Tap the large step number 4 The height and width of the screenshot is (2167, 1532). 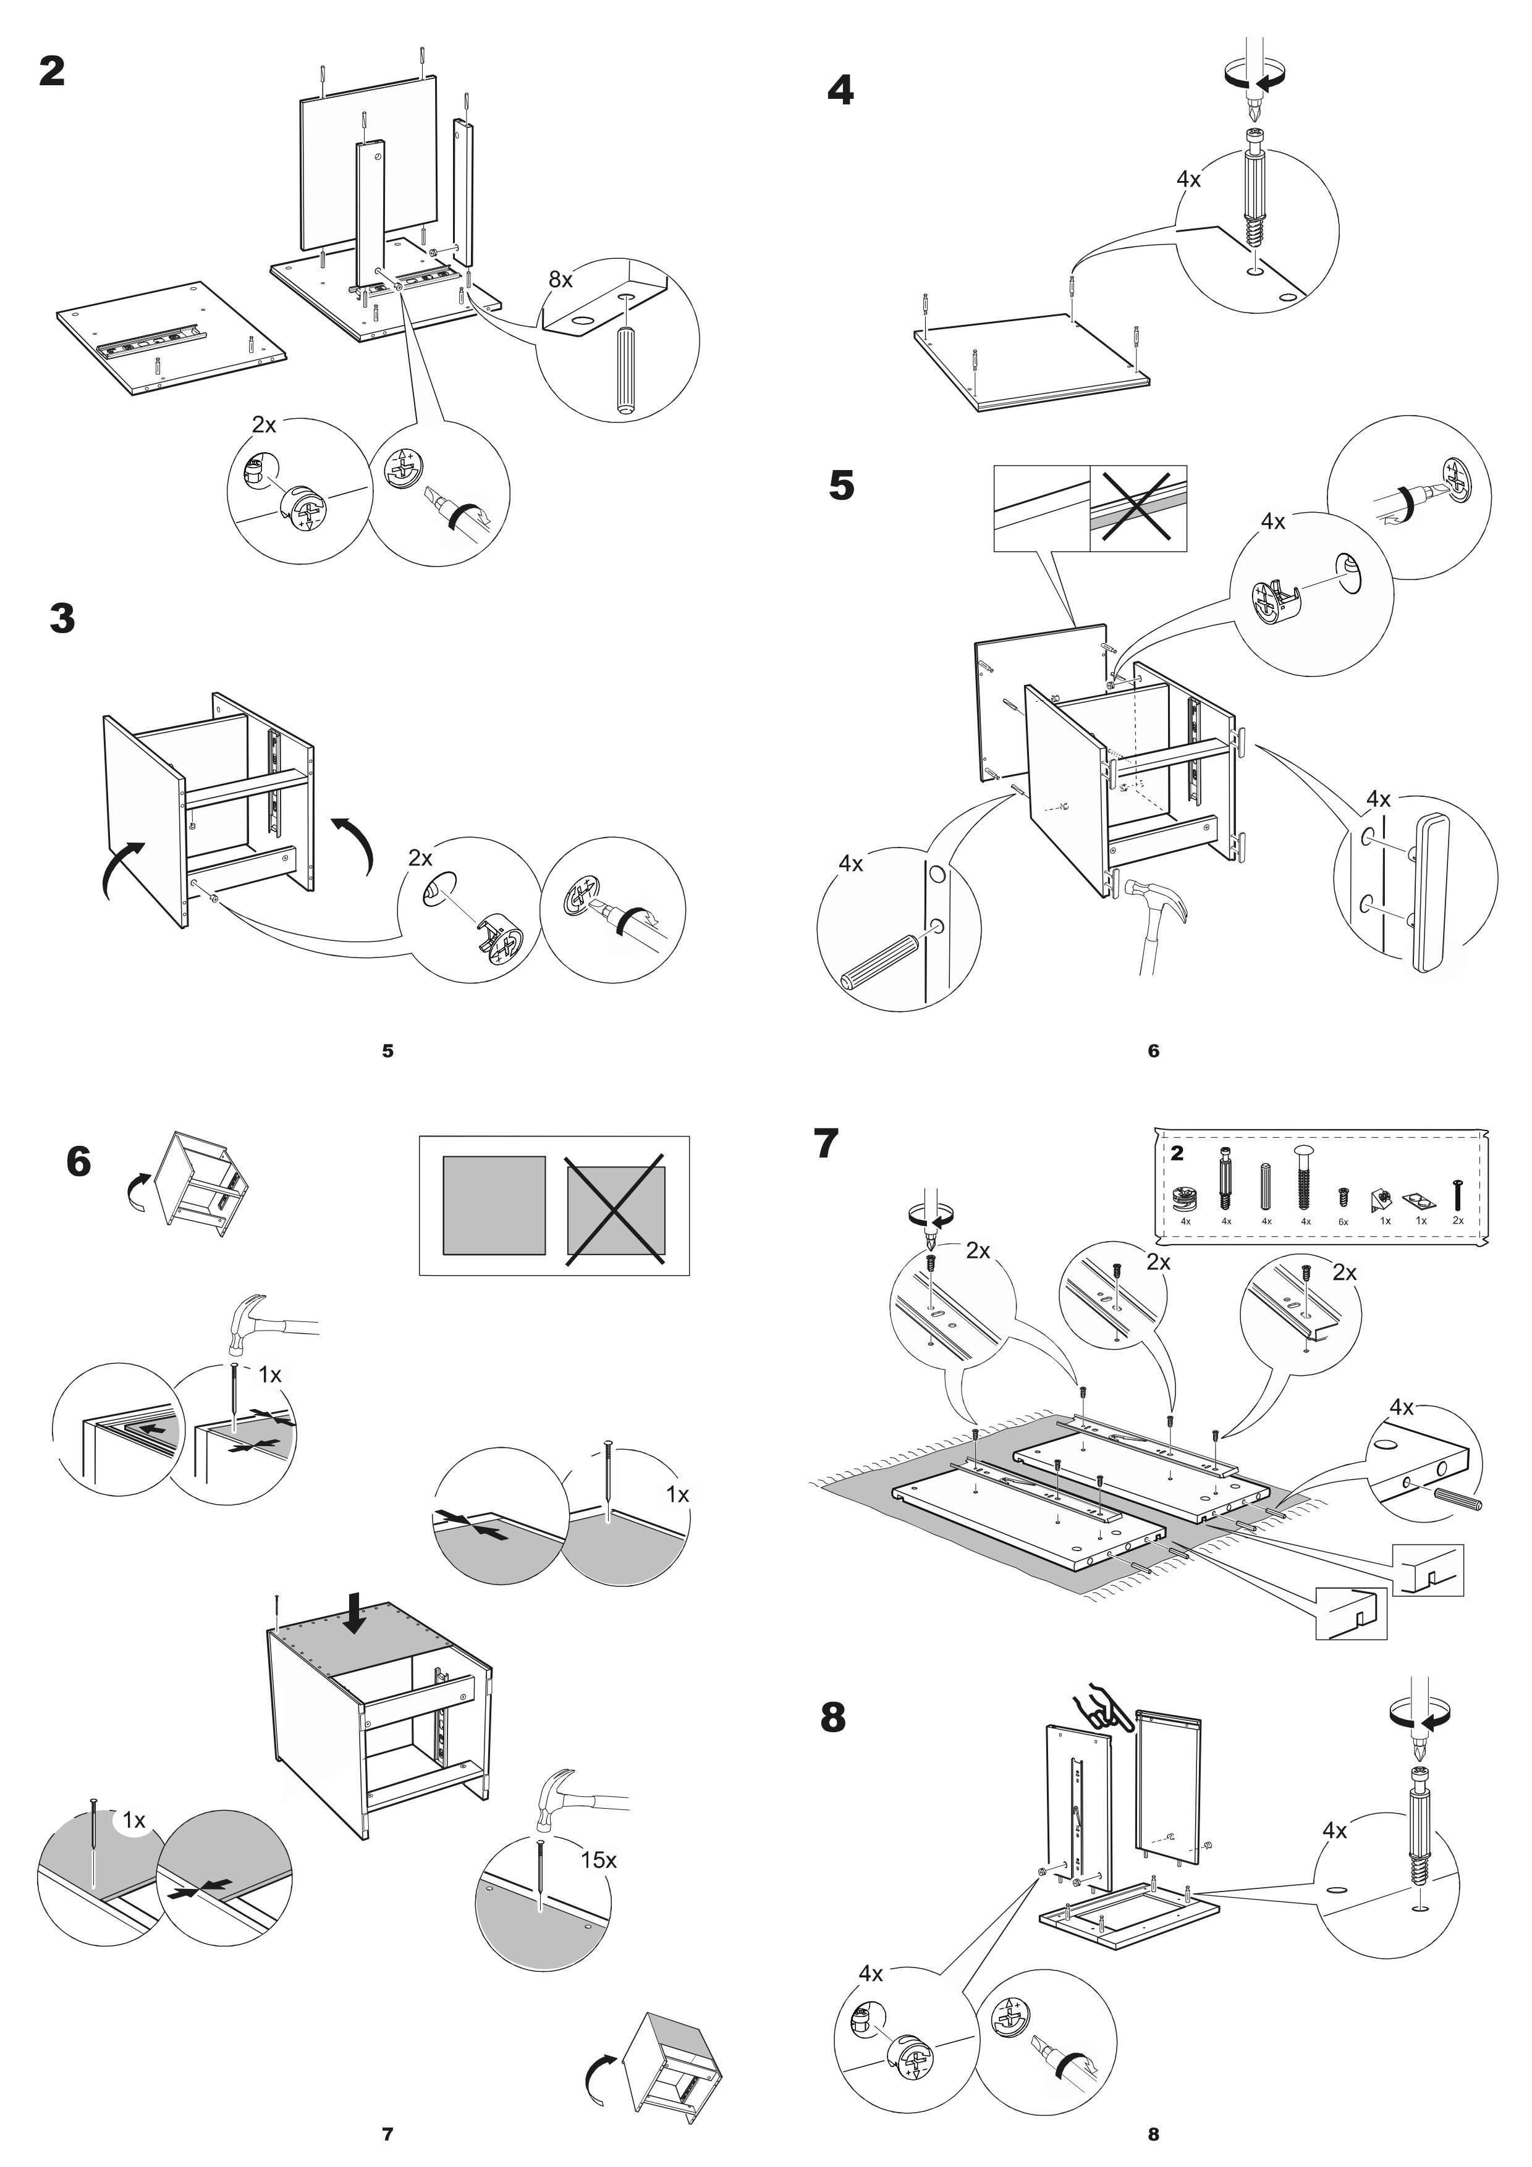tap(840, 91)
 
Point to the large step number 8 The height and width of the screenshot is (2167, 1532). tap(832, 1719)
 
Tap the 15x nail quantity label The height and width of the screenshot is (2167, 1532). tap(598, 1860)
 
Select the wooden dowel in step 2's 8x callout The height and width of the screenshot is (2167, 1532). tap(624, 370)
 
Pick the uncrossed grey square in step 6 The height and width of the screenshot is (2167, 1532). tap(494, 1205)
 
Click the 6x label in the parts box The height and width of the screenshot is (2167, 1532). tap(1344, 1222)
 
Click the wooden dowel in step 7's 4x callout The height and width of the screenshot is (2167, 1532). tap(1458, 1498)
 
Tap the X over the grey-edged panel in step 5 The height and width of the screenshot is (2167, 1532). tap(1138, 508)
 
